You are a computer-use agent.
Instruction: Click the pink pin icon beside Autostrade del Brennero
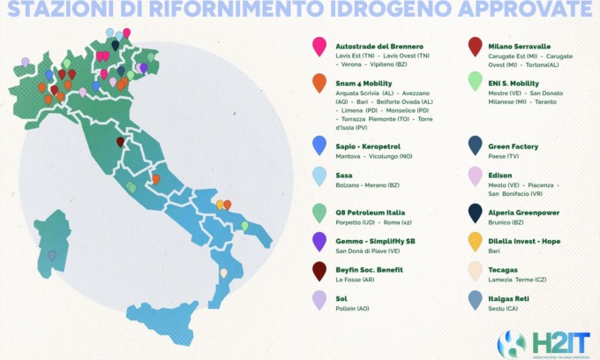(x=319, y=46)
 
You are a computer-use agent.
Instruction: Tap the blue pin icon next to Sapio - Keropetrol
(x=319, y=145)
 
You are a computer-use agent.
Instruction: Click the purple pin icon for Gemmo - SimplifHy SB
(x=319, y=242)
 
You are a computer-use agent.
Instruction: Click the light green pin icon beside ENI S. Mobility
(x=476, y=81)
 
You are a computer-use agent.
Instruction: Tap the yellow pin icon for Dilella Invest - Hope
(x=476, y=241)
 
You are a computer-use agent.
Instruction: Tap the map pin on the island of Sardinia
(x=53, y=255)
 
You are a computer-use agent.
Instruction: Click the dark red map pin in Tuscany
(x=121, y=142)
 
